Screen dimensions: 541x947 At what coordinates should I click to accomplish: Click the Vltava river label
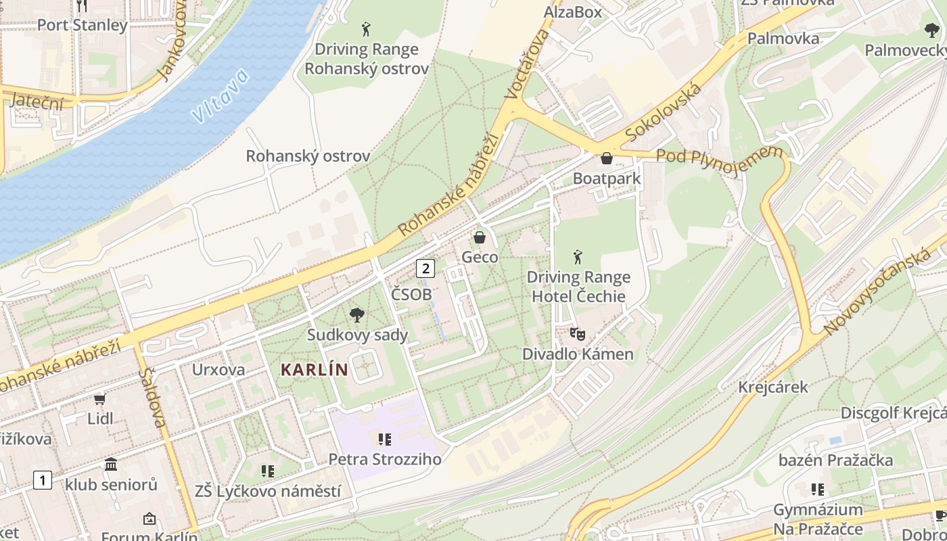coord(220,97)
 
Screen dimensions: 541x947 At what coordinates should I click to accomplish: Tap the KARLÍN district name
coord(314,369)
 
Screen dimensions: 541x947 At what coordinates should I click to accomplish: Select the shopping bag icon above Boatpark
coord(607,158)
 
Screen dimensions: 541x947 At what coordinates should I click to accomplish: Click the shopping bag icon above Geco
coord(480,237)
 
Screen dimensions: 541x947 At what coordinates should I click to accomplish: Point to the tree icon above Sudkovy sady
coord(356,314)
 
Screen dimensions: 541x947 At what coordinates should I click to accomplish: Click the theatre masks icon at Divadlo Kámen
coord(577,333)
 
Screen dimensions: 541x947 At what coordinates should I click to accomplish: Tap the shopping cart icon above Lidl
coord(100,399)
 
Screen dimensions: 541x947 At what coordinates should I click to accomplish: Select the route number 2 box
coord(425,268)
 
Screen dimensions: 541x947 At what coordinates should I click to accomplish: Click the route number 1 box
coord(42,480)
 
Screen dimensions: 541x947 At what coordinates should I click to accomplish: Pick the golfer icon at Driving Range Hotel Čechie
coord(578,257)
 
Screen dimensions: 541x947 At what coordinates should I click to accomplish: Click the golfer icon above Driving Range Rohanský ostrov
coord(366,29)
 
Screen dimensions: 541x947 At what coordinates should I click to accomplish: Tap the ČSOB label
coord(411,295)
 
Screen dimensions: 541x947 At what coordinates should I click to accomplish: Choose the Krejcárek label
coord(773,387)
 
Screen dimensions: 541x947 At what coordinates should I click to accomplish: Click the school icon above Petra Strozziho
coord(385,440)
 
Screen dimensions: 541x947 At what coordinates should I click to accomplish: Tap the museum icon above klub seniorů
coord(111,465)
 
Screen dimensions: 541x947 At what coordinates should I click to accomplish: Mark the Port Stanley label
coord(82,25)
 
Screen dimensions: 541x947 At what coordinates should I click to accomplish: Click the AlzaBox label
coord(572,12)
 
